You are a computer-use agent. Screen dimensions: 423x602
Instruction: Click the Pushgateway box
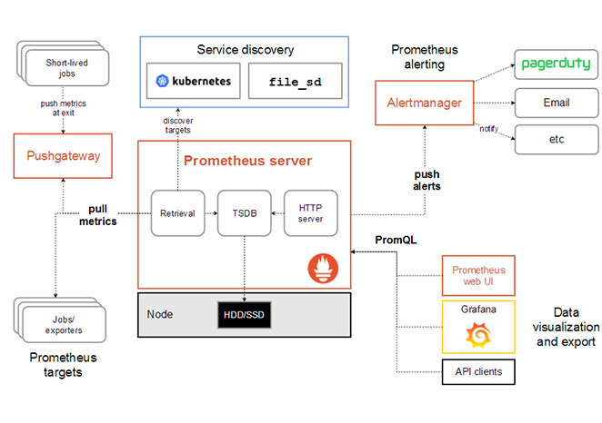pyautogui.click(x=57, y=156)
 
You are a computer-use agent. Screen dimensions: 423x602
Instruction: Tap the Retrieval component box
pyautogui.click(x=178, y=213)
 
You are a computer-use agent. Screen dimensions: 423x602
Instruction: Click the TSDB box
pyautogui.click(x=245, y=213)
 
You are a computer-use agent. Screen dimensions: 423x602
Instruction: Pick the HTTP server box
pyautogui.click(x=310, y=213)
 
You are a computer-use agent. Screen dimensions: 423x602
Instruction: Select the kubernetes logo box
pyautogui.click(x=192, y=82)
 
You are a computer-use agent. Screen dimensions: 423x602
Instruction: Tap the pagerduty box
pyautogui.click(x=556, y=64)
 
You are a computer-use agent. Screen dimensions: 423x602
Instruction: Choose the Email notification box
pyautogui.click(x=556, y=103)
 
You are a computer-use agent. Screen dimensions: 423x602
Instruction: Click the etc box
pyautogui.click(x=556, y=140)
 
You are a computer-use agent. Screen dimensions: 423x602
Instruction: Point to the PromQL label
pyautogui.click(x=393, y=240)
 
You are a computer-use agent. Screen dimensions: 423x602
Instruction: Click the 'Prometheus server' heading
pyautogui.click(x=247, y=161)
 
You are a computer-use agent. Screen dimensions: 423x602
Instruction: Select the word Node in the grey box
pyautogui.click(x=160, y=314)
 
